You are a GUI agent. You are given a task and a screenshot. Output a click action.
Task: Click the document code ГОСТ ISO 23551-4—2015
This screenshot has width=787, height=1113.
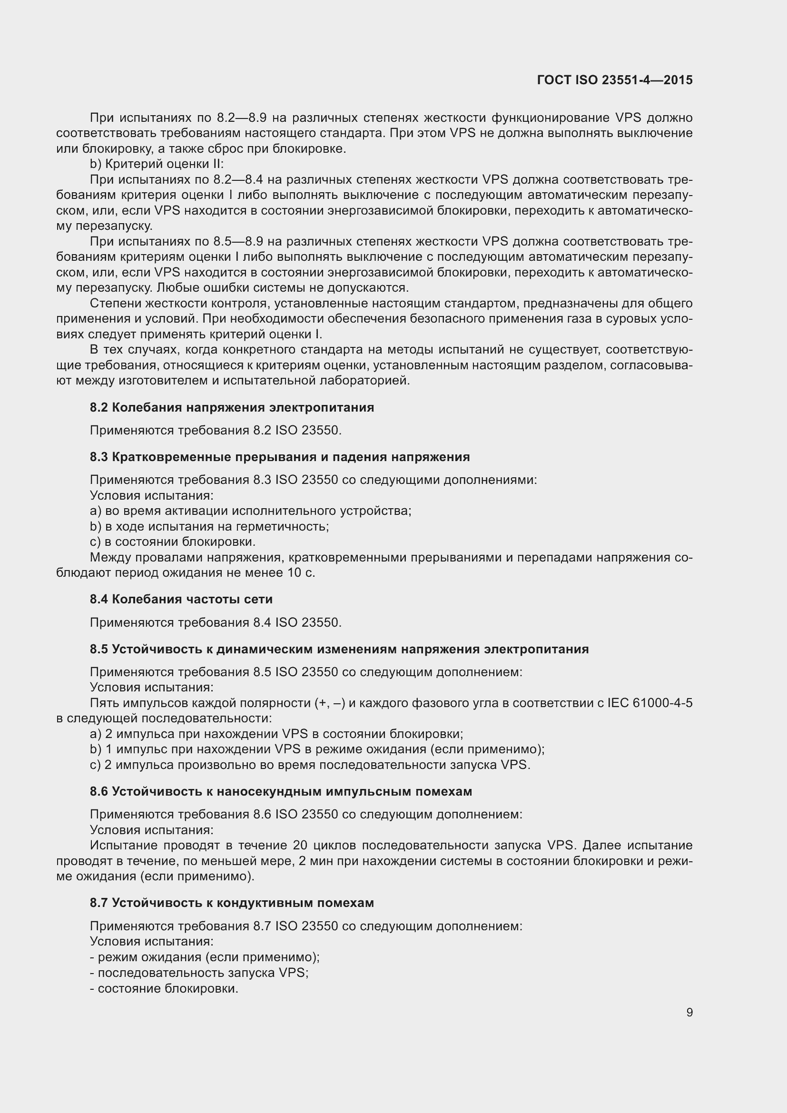click(614, 80)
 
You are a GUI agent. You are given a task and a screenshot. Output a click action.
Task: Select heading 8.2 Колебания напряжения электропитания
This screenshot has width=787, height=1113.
click(232, 408)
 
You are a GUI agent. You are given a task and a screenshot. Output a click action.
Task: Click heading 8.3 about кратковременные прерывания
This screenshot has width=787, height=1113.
click(280, 457)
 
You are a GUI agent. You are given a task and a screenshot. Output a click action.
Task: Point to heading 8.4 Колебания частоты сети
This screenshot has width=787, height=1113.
click(181, 600)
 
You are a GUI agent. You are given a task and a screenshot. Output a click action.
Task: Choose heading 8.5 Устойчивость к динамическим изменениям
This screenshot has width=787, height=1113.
click(339, 650)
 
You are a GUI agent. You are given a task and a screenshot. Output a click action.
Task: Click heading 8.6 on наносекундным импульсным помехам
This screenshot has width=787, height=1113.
click(281, 792)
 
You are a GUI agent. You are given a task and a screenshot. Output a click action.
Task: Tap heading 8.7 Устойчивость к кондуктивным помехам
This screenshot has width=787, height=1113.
click(232, 903)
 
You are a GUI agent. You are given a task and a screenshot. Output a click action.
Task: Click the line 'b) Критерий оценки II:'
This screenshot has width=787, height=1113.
click(157, 164)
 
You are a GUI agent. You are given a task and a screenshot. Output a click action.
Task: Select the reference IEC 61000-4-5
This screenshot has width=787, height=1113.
click(649, 703)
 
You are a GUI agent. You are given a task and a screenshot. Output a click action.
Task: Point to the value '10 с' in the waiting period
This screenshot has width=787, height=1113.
click(300, 573)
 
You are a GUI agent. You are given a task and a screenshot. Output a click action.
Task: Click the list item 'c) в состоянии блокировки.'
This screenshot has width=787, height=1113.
click(173, 542)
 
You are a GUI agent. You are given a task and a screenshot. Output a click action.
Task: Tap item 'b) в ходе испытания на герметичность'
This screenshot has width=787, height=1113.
click(209, 526)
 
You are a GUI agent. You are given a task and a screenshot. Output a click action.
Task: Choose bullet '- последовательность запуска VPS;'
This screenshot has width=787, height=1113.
click(199, 973)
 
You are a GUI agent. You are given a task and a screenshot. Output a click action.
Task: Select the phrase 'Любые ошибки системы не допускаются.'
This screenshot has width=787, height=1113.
click(283, 288)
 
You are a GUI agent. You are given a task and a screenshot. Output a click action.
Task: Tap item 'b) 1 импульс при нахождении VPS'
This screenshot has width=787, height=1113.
click(317, 749)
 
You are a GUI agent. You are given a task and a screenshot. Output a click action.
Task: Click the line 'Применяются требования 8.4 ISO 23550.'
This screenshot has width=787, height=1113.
click(216, 622)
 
